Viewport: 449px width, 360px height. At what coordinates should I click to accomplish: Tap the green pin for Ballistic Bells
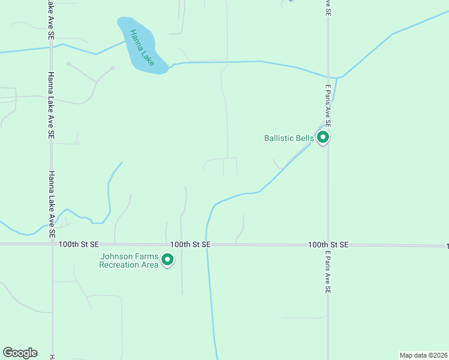coord(323,138)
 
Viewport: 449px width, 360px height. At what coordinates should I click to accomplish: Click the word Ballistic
coord(280,138)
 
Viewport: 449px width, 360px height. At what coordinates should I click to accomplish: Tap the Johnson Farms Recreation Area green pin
coord(168,260)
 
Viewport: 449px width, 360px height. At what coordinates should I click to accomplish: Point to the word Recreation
coord(120,265)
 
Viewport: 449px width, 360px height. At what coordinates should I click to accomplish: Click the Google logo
coord(20,353)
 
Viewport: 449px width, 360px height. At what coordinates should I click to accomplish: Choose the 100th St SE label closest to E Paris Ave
coord(328,245)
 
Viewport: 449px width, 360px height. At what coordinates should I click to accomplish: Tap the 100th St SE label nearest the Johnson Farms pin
coord(190,245)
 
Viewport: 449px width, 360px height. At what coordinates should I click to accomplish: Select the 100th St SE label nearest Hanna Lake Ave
coord(79,245)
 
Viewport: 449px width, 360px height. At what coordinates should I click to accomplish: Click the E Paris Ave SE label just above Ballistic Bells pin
coord(328,105)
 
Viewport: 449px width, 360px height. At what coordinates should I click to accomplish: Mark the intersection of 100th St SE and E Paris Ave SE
coord(328,245)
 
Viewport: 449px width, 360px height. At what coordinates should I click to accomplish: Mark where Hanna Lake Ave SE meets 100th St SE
coord(52,244)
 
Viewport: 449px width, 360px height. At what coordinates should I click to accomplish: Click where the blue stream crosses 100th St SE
coord(207,245)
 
